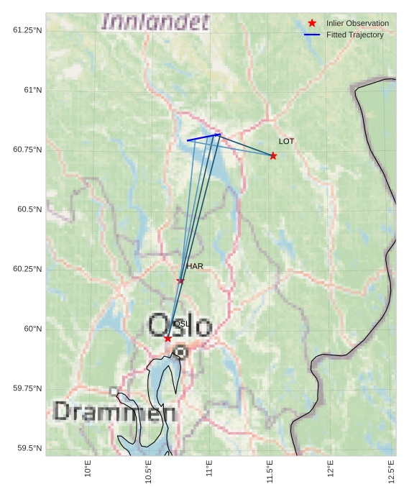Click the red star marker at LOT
[x=273, y=156]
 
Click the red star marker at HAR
[x=180, y=281]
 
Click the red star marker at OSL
[x=167, y=338]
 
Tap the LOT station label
[x=287, y=142]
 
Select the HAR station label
[x=195, y=266]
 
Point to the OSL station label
[x=182, y=324]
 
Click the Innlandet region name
[x=156, y=22]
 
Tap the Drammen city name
[x=114, y=412]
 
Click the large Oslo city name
[x=180, y=326]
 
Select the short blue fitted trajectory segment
[x=203, y=137]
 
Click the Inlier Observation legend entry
[x=357, y=24]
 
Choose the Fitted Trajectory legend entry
[x=354, y=35]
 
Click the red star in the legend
[x=312, y=24]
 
